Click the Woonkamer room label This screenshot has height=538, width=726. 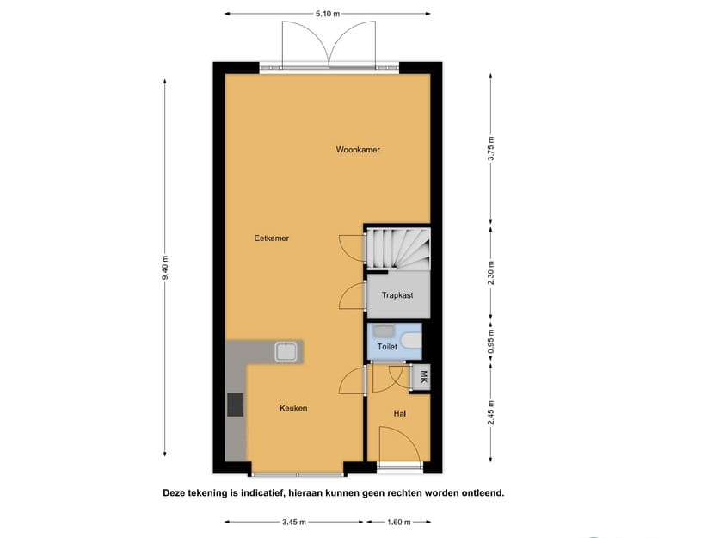(358, 150)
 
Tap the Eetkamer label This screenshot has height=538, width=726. (271, 238)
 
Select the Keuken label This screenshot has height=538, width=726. (293, 408)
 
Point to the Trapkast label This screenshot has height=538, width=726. (397, 295)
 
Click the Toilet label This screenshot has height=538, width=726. (388, 347)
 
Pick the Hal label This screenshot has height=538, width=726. (399, 414)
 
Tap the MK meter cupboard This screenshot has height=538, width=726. (422, 377)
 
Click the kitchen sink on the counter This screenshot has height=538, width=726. (286, 350)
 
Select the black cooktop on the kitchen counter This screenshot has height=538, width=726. (235, 405)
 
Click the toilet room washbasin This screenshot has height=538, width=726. (384, 331)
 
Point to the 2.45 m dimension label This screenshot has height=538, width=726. (490, 413)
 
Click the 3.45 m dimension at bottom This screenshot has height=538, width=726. (293, 522)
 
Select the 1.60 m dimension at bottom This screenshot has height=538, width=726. (398, 522)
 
